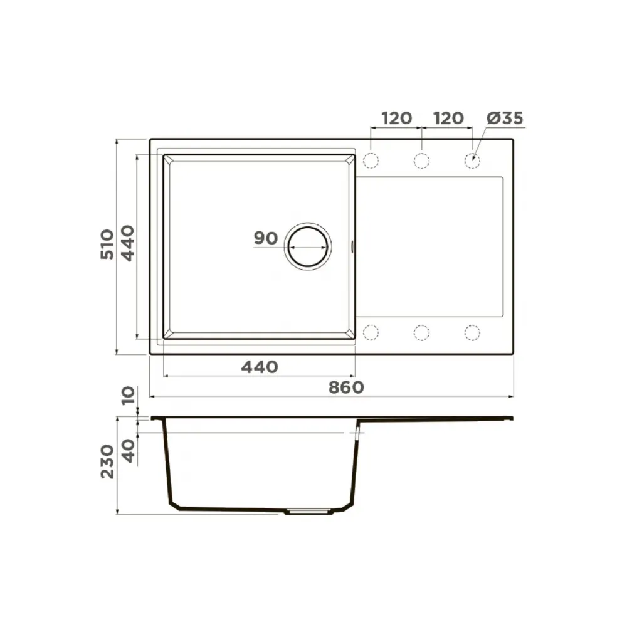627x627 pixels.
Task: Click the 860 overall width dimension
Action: tap(346, 387)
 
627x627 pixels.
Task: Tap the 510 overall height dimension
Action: tap(107, 245)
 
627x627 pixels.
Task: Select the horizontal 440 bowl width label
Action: tap(260, 367)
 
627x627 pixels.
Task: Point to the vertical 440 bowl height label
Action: tap(128, 243)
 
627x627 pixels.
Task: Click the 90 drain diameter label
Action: tap(265, 238)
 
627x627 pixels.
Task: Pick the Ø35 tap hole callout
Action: tap(505, 118)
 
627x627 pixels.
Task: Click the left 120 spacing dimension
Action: tap(397, 118)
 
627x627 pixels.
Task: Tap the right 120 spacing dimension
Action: tap(448, 118)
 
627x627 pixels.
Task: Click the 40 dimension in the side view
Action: tap(128, 451)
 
